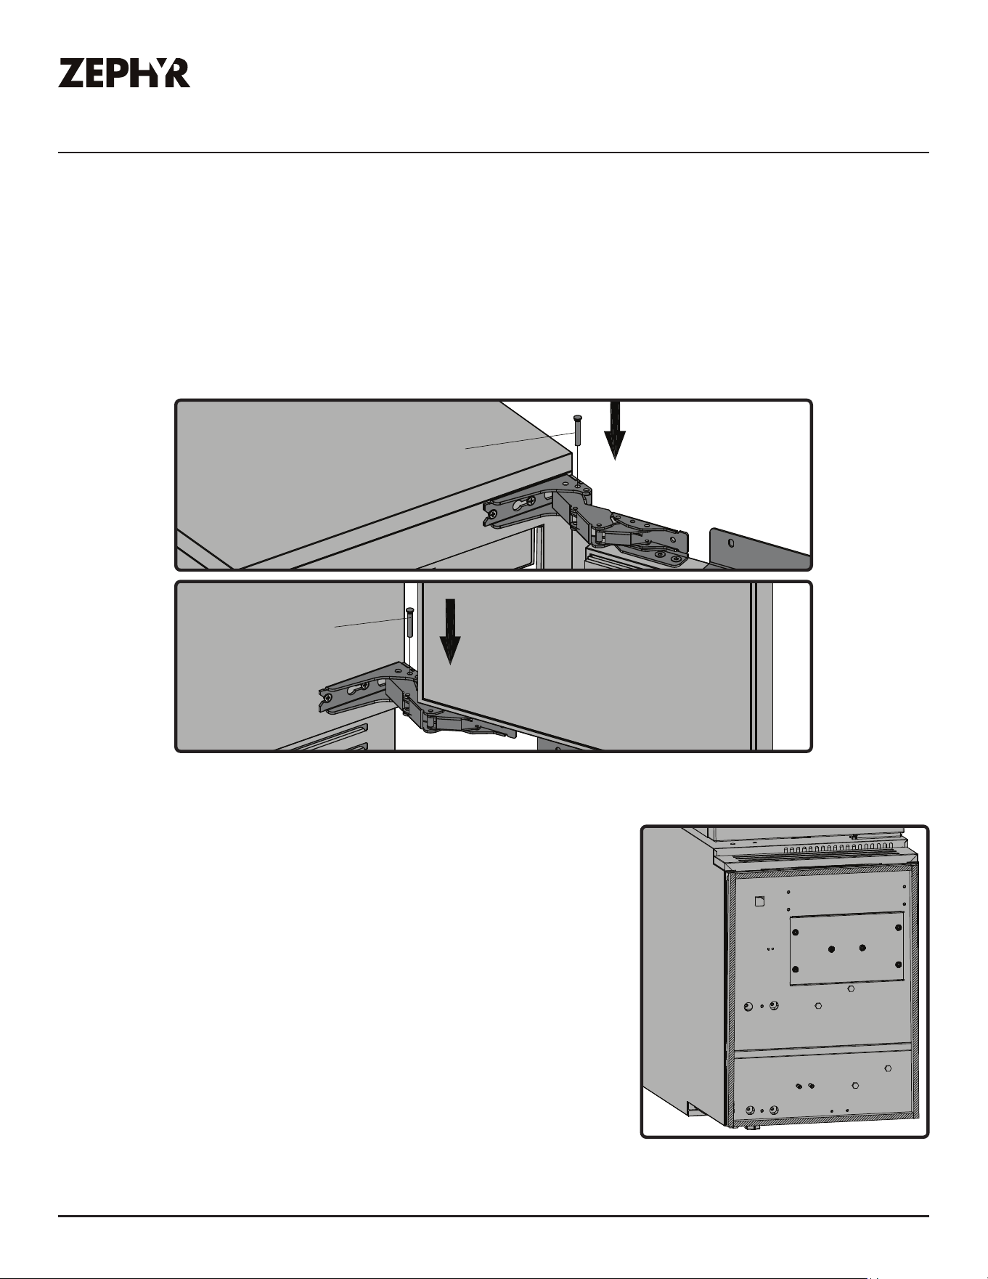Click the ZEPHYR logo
[x=124, y=73]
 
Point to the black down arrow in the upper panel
[x=615, y=430]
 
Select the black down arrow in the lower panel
[x=450, y=631]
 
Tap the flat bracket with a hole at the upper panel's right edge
[x=759, y=548]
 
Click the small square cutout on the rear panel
[x=760, y=901]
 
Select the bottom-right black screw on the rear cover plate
[x=899, y=964]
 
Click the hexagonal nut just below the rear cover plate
[x=851, y=988]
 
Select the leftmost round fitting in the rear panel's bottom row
[x=750, y=1110]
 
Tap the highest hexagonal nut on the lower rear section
[x=889, y=1068]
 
